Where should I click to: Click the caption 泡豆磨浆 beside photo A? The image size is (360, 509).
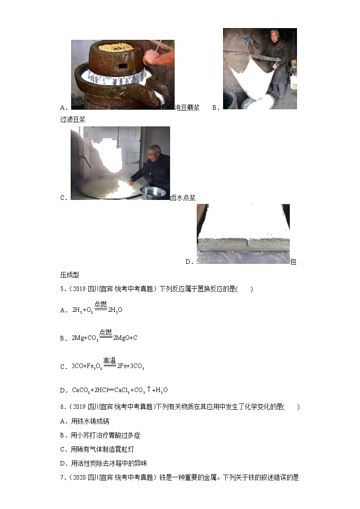187,107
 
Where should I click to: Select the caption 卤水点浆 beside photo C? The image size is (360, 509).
183,198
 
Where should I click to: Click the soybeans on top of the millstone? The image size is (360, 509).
116,47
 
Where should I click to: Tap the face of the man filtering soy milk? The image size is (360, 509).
273,37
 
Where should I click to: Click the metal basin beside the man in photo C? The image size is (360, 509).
153,191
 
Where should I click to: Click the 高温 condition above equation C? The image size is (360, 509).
109,361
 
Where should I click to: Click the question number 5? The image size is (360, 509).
62,289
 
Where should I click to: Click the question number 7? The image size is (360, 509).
62,477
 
